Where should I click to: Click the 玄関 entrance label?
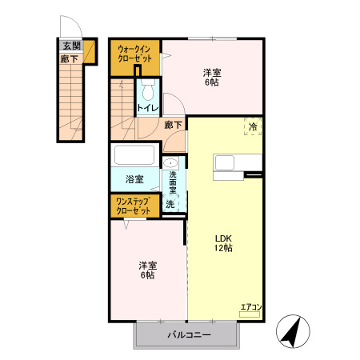72,46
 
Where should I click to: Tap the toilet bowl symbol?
148,90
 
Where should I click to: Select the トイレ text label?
148,108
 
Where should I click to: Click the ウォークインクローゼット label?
134,54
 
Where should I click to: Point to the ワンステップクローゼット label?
134,206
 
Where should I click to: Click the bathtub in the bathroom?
134,154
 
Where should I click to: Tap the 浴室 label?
134,179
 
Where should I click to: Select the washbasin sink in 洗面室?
170,162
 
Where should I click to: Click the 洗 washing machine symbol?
170,204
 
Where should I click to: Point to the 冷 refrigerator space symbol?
253,126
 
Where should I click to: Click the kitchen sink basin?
225,162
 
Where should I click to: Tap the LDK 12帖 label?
223,243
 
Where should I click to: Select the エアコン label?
251,307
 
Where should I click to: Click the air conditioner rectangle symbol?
250,314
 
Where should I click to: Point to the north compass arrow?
292,330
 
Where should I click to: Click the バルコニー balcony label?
190,334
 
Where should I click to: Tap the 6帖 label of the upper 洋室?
212,82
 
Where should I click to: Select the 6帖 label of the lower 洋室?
147,275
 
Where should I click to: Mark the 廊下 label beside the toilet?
173,125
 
